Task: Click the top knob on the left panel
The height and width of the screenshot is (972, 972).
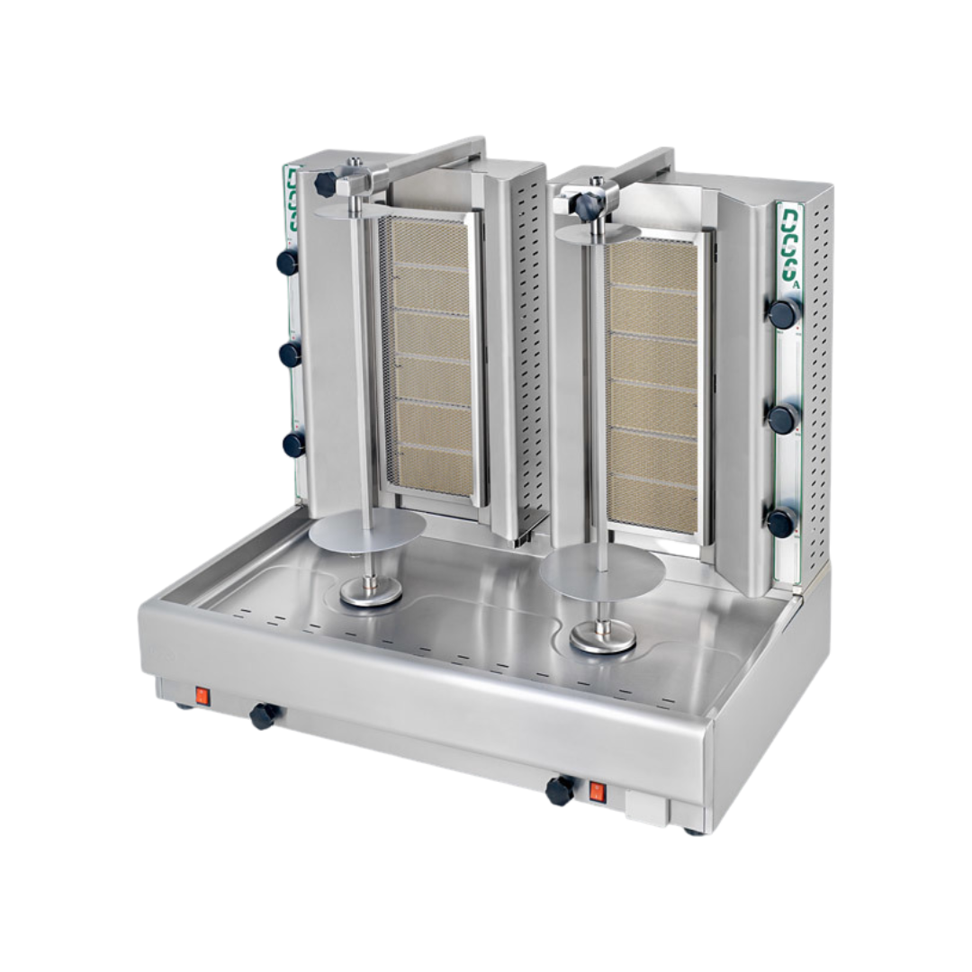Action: coord(288,262)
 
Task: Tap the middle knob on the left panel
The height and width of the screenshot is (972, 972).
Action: coord(290,354)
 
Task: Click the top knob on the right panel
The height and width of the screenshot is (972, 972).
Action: coord(783,312)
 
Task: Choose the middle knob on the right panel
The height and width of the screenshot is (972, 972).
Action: coord(783,418)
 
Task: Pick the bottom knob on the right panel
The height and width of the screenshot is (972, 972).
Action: coord(781,522)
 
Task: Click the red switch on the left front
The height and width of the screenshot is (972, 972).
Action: coord(202,695)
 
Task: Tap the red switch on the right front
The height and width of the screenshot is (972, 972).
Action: coord(596,792)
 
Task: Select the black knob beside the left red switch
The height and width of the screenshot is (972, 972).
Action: coord(264,715)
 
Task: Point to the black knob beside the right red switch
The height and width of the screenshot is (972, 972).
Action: coord(560,790)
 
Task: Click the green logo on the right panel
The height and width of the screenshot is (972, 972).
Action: coord(790,243)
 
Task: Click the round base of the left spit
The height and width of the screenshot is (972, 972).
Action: coord(371,593)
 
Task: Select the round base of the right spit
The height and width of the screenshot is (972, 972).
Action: coord(603,638)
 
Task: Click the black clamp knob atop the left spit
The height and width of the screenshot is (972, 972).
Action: coord(325,184)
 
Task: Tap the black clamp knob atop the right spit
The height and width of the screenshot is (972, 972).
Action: coord(589,206)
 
